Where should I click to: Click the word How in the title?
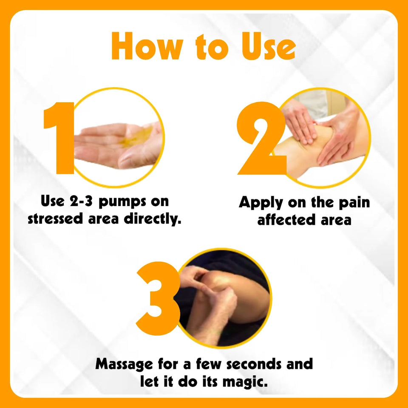coord(147,46)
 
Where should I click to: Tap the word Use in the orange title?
coord(269,46)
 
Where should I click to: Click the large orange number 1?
coord(59,138)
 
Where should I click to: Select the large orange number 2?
coord(261,138)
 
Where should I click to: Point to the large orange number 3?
coord(158,298)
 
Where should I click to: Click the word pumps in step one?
coord(122,202)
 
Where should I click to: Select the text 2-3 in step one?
coord(81,201)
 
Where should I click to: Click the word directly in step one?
coord(152,219)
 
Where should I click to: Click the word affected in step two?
coord(286,220)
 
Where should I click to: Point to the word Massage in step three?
coord(124,364)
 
